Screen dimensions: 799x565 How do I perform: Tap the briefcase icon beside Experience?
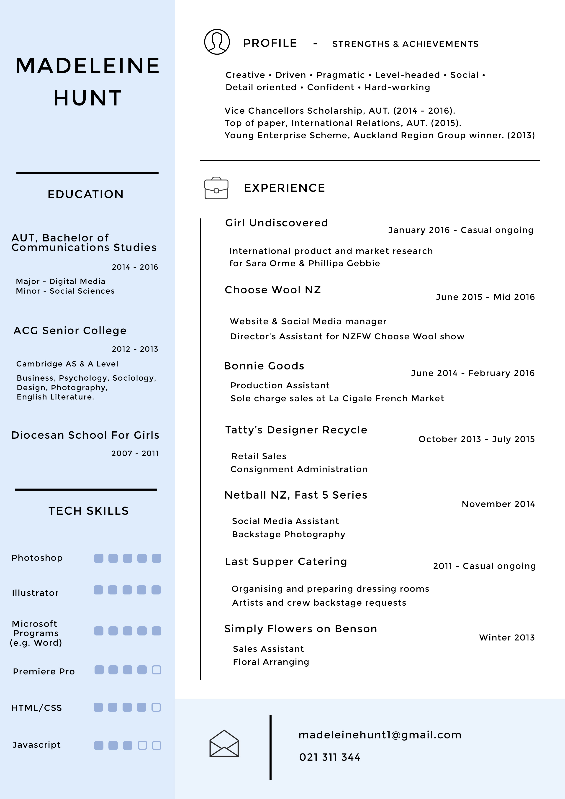[x=216, y=188]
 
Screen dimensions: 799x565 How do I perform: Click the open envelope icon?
[x=224, y=743]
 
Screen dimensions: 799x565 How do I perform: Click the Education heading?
[x=86, y=194]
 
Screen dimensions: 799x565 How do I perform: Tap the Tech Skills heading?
[x=88, y=511]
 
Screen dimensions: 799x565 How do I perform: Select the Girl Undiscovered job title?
[x=276, y=223]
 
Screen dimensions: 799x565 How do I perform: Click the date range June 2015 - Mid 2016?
[x=485, y=297]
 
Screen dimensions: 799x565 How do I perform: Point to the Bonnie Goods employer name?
[x=264, y=366]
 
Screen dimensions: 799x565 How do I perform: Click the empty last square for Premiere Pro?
[x=157, y=670]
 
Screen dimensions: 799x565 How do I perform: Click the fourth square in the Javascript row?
[x=142, y=745]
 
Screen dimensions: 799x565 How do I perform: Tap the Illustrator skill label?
[x=35, y=593]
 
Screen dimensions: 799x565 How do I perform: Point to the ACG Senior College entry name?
[x=70, y=330]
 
